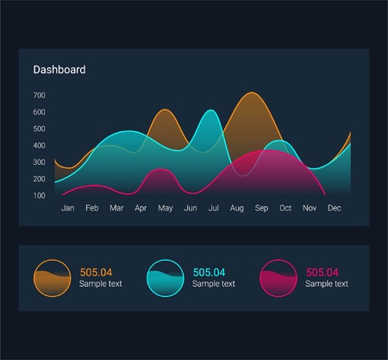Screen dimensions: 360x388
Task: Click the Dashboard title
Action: (59, 70)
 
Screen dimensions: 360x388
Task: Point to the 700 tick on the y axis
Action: (39, 96)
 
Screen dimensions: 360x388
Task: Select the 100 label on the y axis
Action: (39, 195)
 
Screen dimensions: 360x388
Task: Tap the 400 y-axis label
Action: (39, 146)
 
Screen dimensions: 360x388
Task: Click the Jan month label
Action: (68, 209)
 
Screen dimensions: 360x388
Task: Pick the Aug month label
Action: (238, 209)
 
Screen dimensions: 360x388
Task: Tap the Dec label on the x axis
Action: (335, 209)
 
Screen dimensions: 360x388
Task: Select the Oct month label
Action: (285, 209)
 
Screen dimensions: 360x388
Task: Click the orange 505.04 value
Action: (96, 272)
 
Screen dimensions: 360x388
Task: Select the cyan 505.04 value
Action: (209, 272)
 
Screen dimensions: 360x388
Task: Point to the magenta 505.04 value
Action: (322, 272)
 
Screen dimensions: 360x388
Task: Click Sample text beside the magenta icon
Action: (327, 284)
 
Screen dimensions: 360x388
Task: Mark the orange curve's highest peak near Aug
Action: (250, 93)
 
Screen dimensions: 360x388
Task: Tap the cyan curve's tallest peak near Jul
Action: (209, 111)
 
